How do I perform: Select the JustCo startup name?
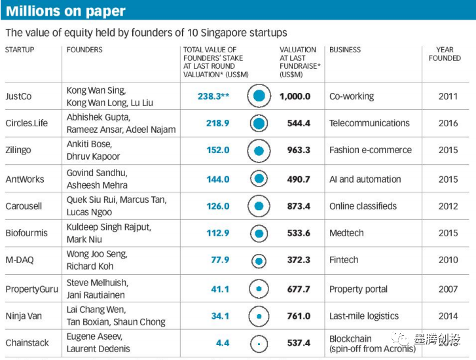point(18,96)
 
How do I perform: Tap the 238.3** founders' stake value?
point(213,96)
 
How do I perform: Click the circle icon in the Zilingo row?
point(259,151)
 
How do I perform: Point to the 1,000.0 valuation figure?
point(295,96)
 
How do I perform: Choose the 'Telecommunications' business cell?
point(369,123)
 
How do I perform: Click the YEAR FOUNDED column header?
point(445,54)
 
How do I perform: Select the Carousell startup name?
point(24,206)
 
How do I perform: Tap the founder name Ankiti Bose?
point(90,145)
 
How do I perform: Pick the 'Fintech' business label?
point(344,260)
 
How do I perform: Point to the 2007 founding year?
point(449,289)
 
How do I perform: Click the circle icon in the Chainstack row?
point(259,343)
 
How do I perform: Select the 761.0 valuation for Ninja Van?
point(298,316)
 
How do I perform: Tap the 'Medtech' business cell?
point(347,233)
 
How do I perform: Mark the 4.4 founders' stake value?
point(222,342)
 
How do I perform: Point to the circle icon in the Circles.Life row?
point(259,123)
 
